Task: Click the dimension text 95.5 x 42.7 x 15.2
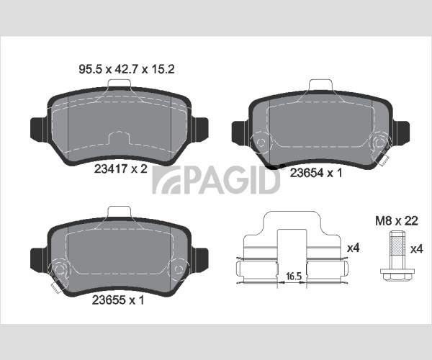tap(127, 69)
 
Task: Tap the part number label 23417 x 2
tap(121, 169)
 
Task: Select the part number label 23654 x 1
tap(316, 173)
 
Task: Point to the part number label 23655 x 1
tap(118, 300)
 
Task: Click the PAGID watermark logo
tap(216, 180)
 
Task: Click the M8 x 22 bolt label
tap(397, 221)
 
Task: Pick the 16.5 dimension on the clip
tap(294, 276)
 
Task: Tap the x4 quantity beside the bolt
tap(416, 250)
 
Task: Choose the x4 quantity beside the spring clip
tap(354, 248)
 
